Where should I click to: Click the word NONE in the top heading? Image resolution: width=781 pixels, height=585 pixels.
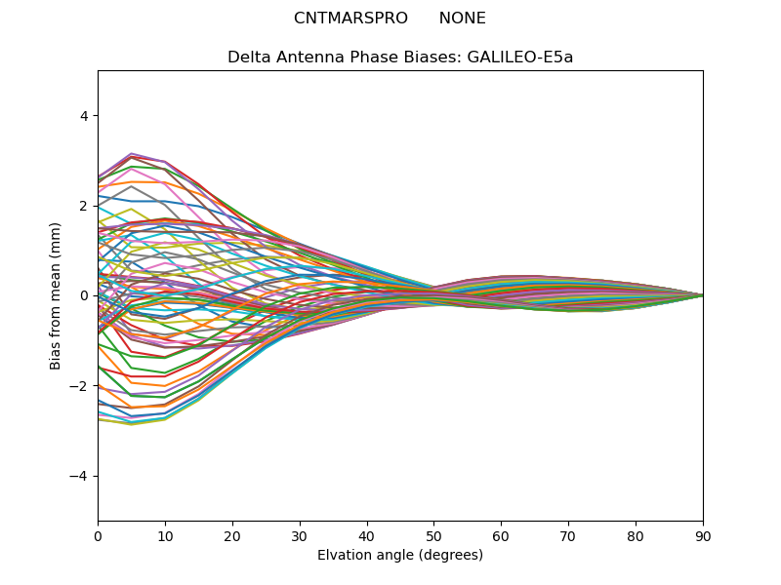pos(462,19)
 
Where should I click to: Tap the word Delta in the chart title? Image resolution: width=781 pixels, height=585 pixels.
pos(248,58)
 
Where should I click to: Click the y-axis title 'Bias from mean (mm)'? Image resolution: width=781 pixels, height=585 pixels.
pos(57,295)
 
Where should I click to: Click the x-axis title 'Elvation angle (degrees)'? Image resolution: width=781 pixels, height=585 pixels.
pos(400,556)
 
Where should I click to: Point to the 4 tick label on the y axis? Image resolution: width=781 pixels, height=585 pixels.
pos(83,116)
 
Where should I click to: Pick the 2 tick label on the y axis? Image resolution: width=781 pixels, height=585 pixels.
pos(83,206)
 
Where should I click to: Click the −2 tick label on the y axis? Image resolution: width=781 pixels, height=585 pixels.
pos(79,386)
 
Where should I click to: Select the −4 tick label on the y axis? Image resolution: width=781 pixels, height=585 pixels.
pos(79,476)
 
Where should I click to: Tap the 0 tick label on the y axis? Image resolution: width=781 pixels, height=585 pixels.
pos(83,295)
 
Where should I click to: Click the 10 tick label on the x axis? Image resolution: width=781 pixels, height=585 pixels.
pos(165,534)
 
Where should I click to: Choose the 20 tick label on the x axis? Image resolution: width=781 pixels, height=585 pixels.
pos(232,534)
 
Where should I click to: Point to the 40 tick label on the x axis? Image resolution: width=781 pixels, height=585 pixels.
pos(367,534)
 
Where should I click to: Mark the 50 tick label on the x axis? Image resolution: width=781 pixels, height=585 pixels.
pos(433,534)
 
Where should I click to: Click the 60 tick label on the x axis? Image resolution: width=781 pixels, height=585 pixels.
pos(501,534)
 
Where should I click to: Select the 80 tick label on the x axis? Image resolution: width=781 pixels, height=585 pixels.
pos(636,534)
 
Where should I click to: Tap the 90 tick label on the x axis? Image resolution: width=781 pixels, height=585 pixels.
pos(703,534)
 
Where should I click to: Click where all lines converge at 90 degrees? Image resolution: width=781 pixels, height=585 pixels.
pos(702,295)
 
